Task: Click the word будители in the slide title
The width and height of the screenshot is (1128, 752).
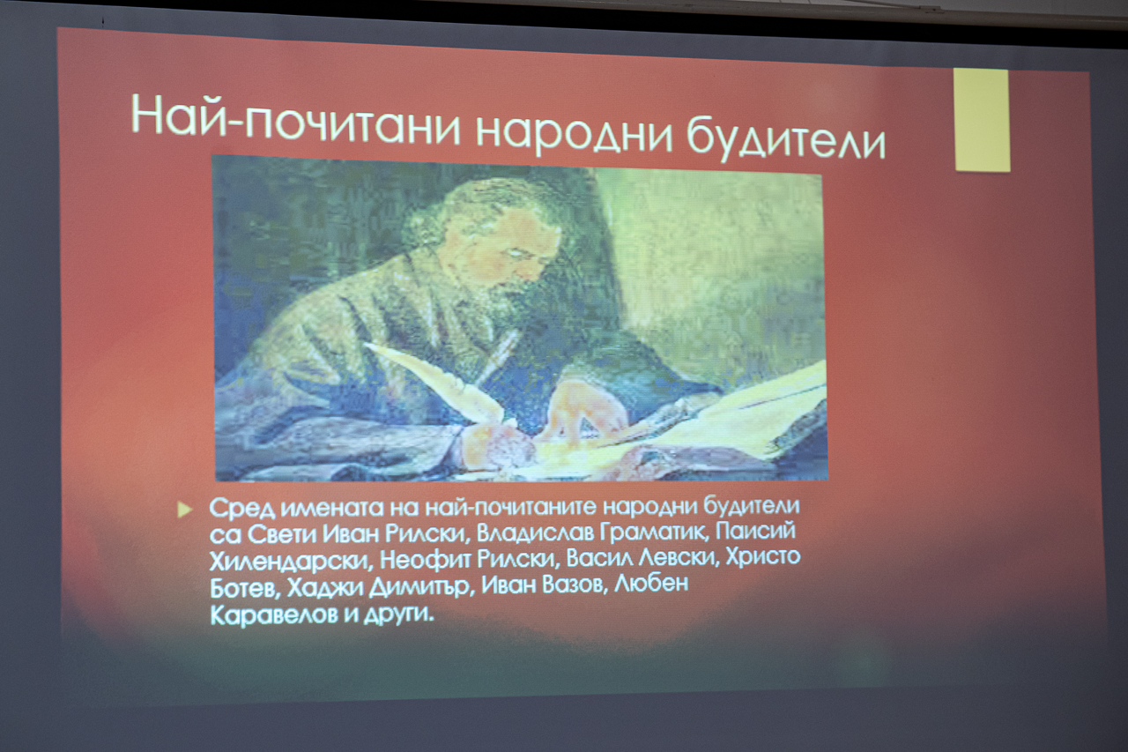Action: [x=786, y=133]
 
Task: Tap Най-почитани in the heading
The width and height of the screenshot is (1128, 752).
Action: [x=295, y=119]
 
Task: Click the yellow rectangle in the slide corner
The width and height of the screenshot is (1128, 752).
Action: [x=982, y=121]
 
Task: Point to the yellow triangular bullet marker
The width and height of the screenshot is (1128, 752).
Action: [x=185, y=510]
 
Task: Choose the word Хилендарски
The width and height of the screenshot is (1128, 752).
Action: [x=290, y=561]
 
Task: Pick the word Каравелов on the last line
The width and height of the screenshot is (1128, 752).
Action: [x=273, y=614]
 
